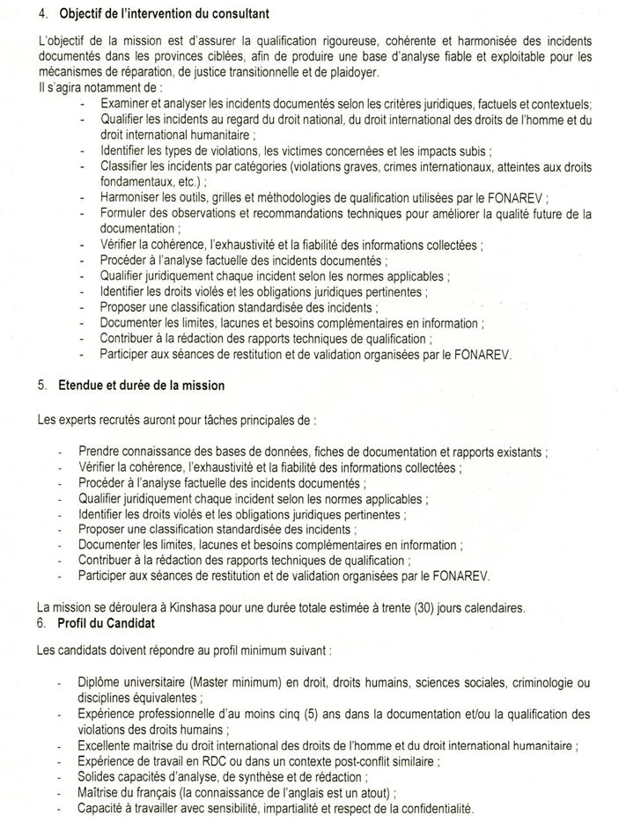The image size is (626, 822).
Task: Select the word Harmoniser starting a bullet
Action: [x=136, y=198]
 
